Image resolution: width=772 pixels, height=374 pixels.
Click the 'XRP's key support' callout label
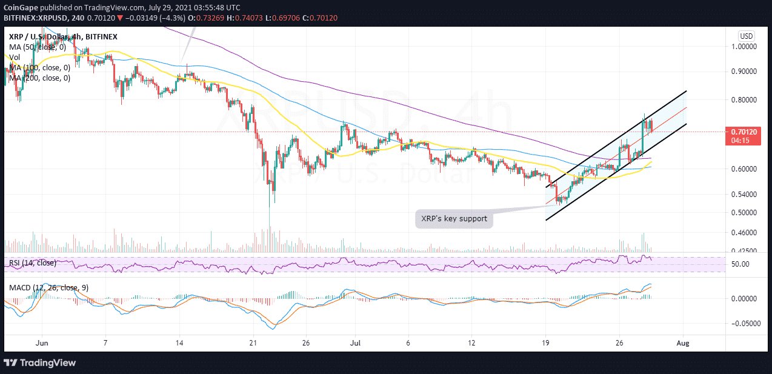454,218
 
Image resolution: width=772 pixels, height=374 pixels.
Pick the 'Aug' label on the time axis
683,342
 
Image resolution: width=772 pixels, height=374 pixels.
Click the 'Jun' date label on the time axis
42,342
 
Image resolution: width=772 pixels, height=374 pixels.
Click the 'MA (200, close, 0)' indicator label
40,78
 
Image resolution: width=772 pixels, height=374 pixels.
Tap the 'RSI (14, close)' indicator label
33,263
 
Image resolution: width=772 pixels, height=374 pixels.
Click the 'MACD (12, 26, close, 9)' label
48,287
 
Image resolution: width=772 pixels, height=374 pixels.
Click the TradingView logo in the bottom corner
41,362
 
